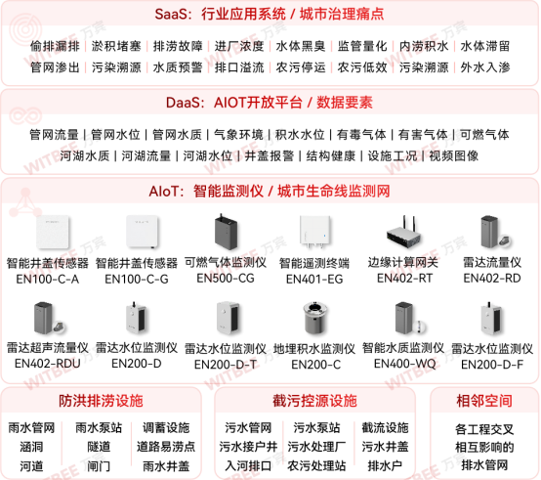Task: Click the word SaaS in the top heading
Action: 172,16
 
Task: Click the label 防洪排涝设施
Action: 101,401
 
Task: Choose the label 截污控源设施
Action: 314,401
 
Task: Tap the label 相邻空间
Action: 484,401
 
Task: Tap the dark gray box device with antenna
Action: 227,232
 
